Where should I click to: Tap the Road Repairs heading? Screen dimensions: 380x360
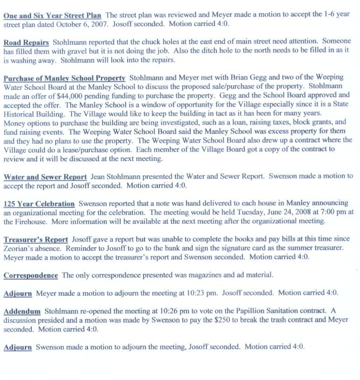point(26,43)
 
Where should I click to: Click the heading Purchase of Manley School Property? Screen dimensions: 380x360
point(64,78)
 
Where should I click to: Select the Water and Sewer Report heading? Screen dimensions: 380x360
point(45,176)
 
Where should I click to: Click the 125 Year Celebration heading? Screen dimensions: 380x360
point(39,204)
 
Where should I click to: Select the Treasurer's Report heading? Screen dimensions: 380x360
point(36,240)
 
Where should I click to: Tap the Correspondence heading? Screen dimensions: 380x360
point(30,276)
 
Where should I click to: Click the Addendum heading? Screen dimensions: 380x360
point(22,311)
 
